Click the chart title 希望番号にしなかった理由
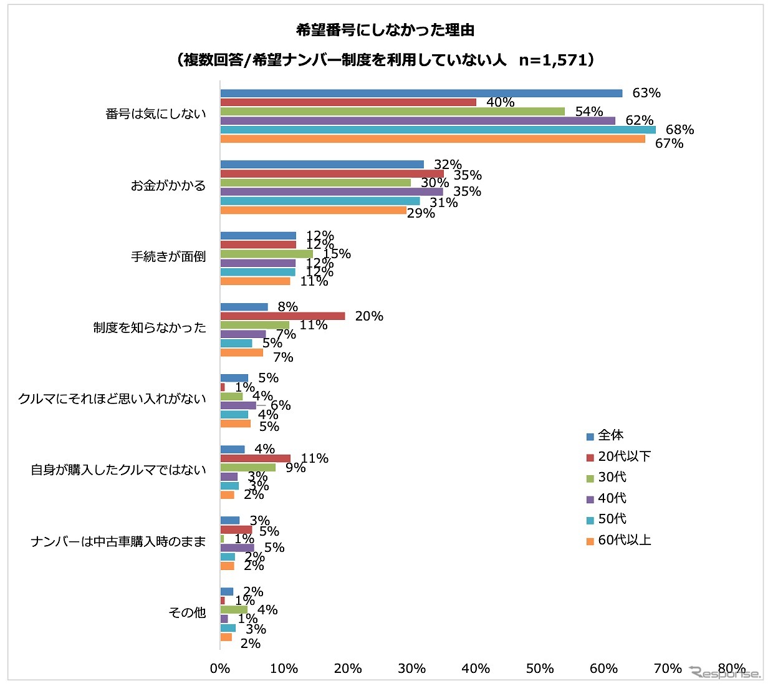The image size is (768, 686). click(x=385, y=30)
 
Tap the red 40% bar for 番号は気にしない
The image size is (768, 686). click(x=348, y=102)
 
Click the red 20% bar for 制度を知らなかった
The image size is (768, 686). click(x=282, y=316)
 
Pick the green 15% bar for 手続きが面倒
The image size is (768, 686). click(x=267, y=254)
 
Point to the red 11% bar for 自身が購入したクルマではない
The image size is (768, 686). click(x=256, y=458)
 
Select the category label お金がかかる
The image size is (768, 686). click(x=168, y=185)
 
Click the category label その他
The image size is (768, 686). click(x=187, y=613)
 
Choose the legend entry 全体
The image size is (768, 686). click(x=610, y=435)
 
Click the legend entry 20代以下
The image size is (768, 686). click(x=624, y=457)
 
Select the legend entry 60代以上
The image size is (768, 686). click(x=624, y=540)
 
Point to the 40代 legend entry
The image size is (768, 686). click(x=612, y=498)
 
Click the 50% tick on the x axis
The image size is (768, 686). click(x=539, y=669)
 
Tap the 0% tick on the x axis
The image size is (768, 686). click(x=220, y=669)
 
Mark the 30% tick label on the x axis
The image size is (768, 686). click(x=411, y=669)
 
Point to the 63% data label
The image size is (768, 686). click(x=646, y=93)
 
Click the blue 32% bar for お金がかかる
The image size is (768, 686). click(x=322, y=165)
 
